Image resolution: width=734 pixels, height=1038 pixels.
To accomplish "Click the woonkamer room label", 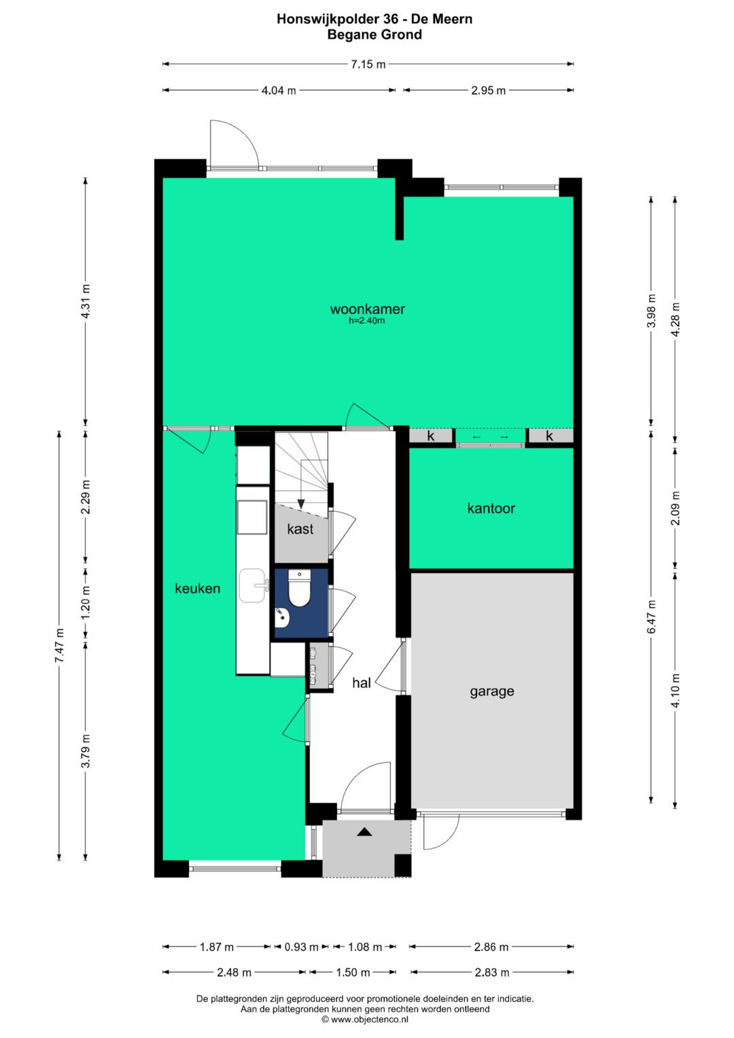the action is (x=368, y=309).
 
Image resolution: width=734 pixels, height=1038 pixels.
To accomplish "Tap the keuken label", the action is (x=197, y=589).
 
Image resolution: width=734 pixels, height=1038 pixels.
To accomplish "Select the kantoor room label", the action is (x=491, y=508).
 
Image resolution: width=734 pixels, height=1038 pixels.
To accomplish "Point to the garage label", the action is (x=492, y=691).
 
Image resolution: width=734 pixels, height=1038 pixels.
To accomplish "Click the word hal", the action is (x=362, y=682).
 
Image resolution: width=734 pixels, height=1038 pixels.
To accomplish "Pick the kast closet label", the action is (x=300, y=529).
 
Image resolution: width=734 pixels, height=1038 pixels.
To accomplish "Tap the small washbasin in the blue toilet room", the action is (x=282, y=617).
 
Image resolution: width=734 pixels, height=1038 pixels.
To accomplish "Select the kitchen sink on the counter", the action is (x=254, y=586).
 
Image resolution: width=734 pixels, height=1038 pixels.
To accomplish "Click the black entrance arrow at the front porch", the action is (x=365, y=831).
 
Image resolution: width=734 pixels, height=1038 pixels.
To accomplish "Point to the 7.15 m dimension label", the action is (x=368, y=65).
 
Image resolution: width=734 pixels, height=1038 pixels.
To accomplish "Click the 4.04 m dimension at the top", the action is (x=279, y=90).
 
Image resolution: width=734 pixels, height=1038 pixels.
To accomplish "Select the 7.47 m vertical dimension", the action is (x=59, y=646).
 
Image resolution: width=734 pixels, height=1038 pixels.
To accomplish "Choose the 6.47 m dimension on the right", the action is (x=652, y=617).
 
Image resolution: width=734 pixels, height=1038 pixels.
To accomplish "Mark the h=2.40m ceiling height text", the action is (x=367, y=321).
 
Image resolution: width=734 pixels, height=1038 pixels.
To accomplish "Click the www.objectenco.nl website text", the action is (x=369, y=1019).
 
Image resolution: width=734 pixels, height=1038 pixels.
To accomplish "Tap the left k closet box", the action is (x=430, y=436).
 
